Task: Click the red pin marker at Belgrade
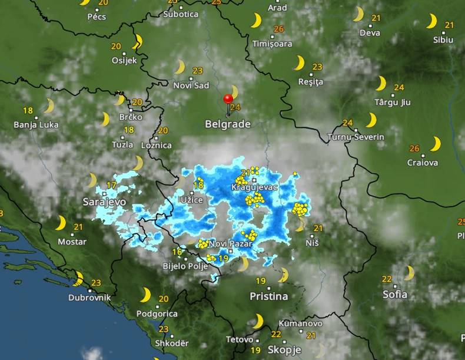[228, 99]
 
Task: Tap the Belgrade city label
[228, 124]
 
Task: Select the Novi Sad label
[191, 85]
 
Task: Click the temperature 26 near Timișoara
[278, 29]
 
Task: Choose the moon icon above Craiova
[436, 144]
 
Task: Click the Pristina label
[268, 296]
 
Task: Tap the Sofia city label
[395, 294]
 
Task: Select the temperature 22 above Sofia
[387, 279]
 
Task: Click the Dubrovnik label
[89, 298]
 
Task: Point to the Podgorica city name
[157, 314]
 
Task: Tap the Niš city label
[313, 242]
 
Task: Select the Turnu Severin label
[356, 137]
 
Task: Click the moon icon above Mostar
[61, 223]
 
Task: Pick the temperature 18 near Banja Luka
[28, 110]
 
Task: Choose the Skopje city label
[284, 349]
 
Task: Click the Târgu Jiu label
[393, 102]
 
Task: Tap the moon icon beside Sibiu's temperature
[432, 21]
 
